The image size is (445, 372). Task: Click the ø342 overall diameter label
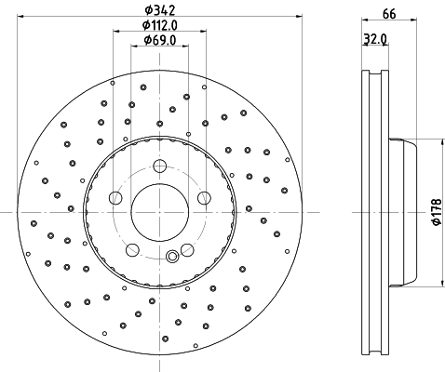coord(160,10)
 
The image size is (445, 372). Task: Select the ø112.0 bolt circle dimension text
coord(160,25)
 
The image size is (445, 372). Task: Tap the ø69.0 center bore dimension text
coord(160,40)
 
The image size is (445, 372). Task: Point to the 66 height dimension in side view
coord(389,14)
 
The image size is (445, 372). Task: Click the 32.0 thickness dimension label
coord(375,39)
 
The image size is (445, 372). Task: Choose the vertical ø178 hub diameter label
coord(437,212)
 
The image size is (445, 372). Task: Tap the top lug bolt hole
coord(160,166)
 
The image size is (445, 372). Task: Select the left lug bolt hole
coord(115,198)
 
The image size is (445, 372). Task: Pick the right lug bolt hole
coord(204,198)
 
